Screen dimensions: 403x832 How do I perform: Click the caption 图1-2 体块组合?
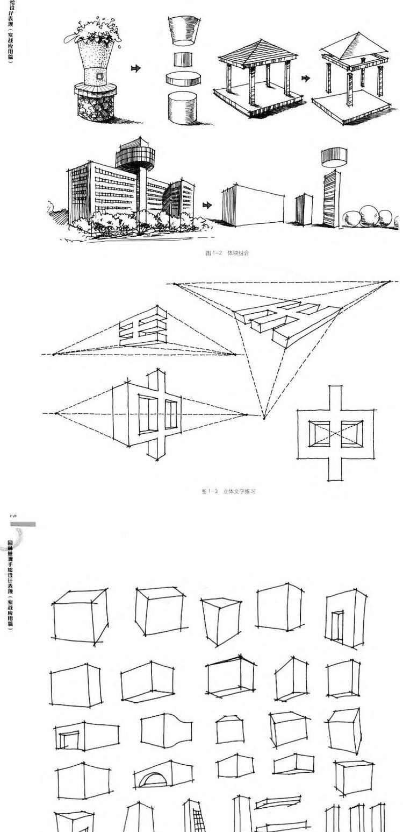coord(227,253)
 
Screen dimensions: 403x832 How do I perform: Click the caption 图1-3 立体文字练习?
coord(228,491)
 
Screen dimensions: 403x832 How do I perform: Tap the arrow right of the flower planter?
coord(136,68)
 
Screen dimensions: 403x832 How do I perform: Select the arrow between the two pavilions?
coord(306,78)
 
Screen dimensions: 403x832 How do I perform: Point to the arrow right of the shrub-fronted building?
coord(207,205)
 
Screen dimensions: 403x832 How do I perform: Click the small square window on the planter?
coord(99,77)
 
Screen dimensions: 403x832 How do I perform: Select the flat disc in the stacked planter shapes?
coord(183,79)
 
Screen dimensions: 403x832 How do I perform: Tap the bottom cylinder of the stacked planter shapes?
coord(183,108)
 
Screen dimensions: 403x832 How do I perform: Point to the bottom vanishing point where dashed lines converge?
coord(264,418)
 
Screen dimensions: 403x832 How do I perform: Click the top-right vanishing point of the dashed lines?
coord(390,281)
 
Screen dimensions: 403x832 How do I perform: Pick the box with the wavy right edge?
coord(167,730)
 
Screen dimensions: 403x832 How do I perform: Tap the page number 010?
coord(13,516)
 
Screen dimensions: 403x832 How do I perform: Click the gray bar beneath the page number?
coord(23,524)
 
